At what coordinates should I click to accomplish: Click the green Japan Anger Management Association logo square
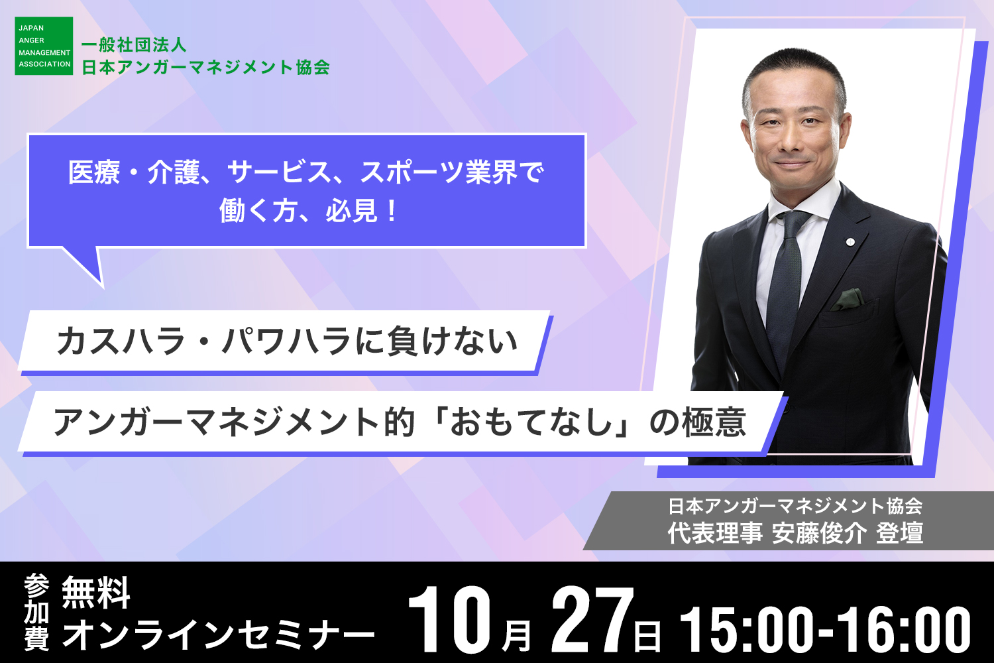tap(44, 46)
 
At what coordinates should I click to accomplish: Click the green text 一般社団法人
tap(134, 45)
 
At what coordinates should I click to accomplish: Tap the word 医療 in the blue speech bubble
tap(94, 172)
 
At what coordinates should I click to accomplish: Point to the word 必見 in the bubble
tap(352, 210)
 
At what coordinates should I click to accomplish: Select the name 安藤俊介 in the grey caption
tap(819, 533)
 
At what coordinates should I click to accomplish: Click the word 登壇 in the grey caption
tap(899, 533)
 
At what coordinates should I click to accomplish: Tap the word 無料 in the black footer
tap(96, 593)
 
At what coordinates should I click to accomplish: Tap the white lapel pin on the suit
tap(850, 242)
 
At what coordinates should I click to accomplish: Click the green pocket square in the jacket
tap(848, 299)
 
